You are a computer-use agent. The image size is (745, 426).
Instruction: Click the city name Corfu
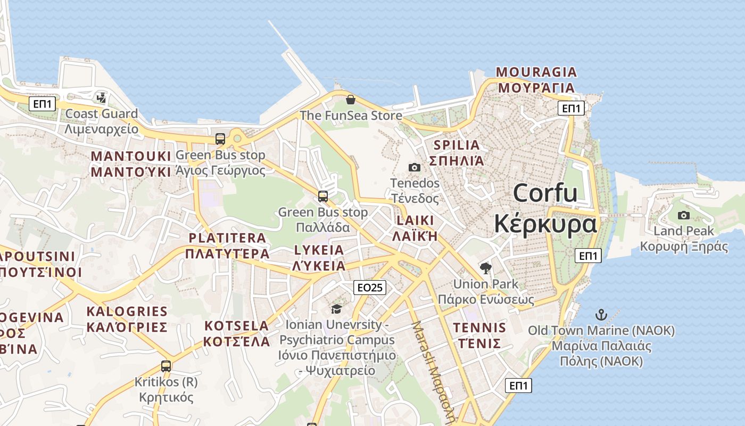coord(545,193)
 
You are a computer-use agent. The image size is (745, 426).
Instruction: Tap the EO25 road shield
coord(370,288)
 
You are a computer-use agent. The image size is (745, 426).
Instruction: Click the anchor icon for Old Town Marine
coord(601,314)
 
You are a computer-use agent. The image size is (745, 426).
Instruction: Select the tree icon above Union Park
coord(485,268)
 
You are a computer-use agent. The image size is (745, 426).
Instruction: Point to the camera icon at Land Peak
coord(684,215)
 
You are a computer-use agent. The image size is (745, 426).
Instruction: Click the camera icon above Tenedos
coord(414,167)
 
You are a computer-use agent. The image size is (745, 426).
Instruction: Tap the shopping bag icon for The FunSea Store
coord(351,100)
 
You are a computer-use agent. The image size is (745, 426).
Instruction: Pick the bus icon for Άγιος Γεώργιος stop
coord(220,139)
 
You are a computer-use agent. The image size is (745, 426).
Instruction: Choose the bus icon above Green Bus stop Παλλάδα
coord(323,196)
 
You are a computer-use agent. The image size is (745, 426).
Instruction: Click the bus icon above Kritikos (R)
coord(166,366)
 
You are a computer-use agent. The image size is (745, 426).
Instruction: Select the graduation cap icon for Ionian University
coord(336,309)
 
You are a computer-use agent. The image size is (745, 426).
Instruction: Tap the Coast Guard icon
coord(101,97)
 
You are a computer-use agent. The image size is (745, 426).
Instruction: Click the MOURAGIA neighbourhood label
coord(536,72)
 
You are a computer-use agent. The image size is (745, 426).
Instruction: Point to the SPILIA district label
coord(457,145)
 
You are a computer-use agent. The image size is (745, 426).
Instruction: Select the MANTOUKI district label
coord(131,156)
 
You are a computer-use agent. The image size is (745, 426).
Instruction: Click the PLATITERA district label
coord(227,238)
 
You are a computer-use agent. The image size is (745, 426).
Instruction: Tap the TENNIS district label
coord(479,327)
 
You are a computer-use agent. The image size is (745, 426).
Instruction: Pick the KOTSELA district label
coord(237,325)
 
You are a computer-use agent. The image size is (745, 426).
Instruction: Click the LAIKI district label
coord(415,220)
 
